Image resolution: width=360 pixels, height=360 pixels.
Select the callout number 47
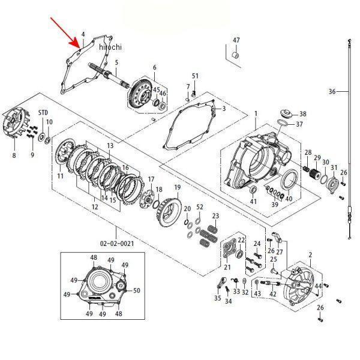tap(236, 40)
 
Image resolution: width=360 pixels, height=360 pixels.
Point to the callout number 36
tap(332, 92)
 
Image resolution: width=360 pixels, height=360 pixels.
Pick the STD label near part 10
tap(43, 112)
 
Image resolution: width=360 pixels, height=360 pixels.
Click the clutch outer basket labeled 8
tap(13, 126)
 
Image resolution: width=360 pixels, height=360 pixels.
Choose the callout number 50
tap(137, 290)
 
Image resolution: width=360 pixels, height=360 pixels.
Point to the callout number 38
tap(302, 113)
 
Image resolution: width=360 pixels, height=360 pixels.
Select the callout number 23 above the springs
tap(215, 216)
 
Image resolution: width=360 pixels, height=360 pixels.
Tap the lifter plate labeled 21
tap(229, 251)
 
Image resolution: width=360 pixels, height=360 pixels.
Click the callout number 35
tap(217, 297)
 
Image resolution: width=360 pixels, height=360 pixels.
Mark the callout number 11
tap(61, 176)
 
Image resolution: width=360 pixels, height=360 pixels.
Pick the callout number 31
tap(334, 167)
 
